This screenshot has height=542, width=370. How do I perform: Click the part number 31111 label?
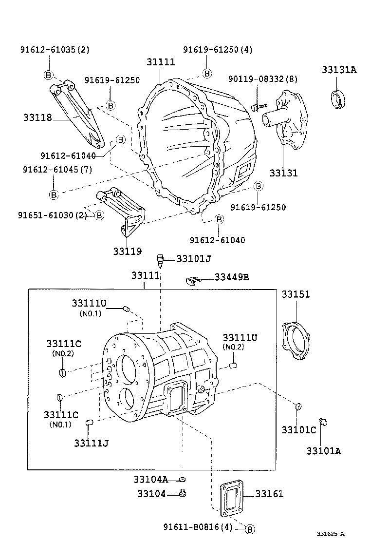[161, 62]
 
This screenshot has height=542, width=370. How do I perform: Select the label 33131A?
[339, 70]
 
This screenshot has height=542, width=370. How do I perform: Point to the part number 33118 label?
[37, 117]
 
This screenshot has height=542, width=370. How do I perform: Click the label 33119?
[128, 252]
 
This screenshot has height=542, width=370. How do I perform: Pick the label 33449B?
[232, 277]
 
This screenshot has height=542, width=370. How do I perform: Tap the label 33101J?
[194, 258]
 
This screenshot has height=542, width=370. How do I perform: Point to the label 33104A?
[150, 479]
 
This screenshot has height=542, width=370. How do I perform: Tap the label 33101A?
[323, 451]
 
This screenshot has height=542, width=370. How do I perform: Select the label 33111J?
[92, 443]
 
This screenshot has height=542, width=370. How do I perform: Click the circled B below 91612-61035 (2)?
[49, 75]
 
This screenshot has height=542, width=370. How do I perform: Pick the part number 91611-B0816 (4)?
[198, 527]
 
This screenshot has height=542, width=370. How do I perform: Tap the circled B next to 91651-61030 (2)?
[99, 215]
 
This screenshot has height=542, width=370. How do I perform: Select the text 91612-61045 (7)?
[57, 169]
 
